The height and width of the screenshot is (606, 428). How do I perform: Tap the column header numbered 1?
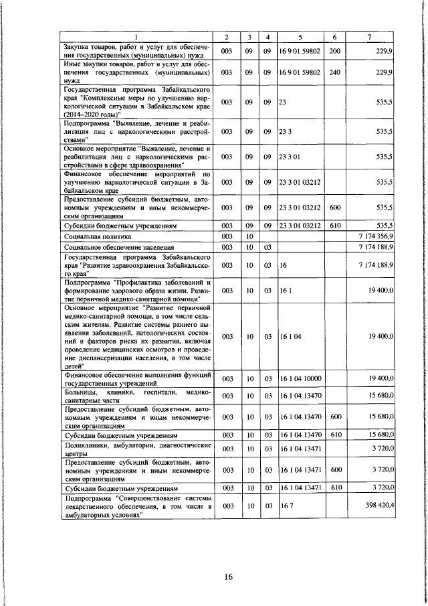pos(136,36)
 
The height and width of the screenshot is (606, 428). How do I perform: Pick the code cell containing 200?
pos(334,51)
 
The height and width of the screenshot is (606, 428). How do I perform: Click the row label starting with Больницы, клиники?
pos(136,395)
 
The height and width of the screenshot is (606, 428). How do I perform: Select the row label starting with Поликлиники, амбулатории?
pos(136,448)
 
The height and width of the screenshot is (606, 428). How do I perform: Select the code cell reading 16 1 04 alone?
pos(290,335)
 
